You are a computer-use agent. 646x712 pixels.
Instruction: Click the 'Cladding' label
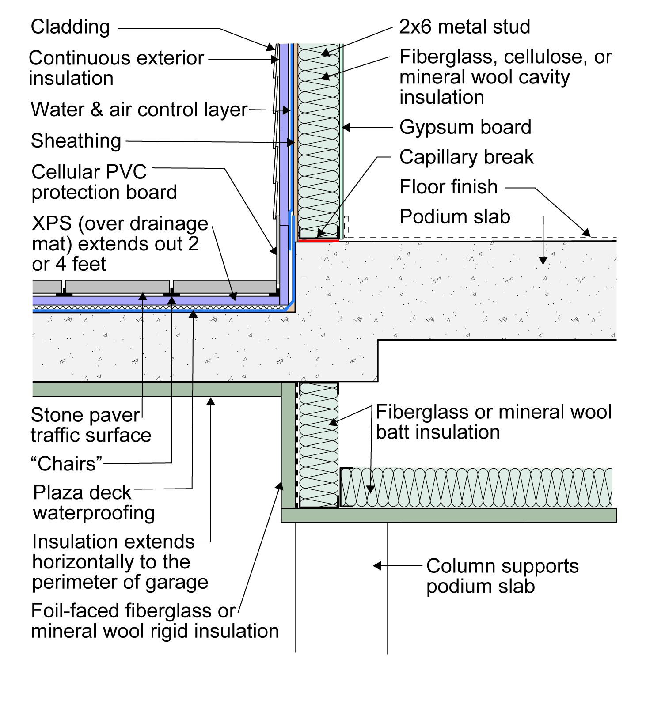point(70,27)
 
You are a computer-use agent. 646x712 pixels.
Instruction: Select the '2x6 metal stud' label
point(464,27)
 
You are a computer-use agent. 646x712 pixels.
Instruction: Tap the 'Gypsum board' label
point(465,127)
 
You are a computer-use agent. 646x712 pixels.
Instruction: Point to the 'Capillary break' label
point(467,157)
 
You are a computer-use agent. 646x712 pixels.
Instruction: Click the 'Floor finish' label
point(448,187)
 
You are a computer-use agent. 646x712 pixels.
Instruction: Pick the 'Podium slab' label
point(455,217)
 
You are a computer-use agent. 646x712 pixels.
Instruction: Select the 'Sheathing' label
point(76,141)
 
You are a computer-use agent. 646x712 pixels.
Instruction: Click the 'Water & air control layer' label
point(139,110)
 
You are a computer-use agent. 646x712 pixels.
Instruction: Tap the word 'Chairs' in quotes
point(67,464)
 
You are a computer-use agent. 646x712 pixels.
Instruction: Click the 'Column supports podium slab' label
point(502,576)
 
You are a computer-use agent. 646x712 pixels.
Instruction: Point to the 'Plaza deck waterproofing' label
point(94,503)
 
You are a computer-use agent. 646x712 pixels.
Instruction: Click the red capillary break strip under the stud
point(319,240)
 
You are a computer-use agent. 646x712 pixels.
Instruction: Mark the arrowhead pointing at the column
point(377,566)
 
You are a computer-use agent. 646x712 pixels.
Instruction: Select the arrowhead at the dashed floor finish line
point(586,232)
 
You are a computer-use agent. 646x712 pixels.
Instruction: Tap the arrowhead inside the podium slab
point(543,261)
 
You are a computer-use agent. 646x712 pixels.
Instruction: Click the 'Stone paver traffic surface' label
point(91,425)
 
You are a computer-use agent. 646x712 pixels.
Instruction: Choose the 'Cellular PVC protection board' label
point(104,182)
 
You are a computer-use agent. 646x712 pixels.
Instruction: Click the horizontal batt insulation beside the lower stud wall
point(476,487)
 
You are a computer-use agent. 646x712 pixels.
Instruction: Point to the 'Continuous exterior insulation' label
point(116,68)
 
